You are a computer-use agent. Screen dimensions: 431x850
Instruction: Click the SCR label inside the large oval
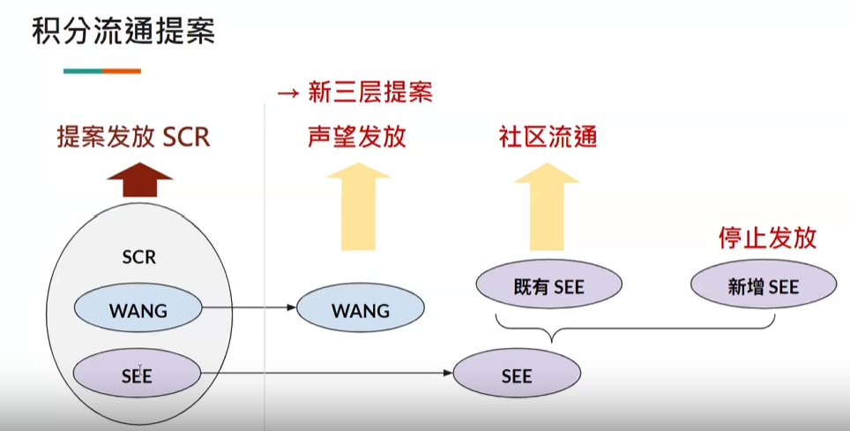pyautogui.click(x=139, y=257)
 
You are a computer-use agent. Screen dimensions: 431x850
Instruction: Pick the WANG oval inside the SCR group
pyautogui.click(x=138, y=310)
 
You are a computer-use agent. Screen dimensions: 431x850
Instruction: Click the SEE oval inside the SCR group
pyautogui.click(x=138, y=375)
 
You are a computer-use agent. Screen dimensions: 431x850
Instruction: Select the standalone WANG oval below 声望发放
pyautogui.click(x=361, y=310)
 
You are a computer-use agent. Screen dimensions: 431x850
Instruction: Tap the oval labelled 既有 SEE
pyautogui.click(x=548, y=286)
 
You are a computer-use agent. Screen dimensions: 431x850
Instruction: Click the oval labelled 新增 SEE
pyautogui.click(x=763, y=286)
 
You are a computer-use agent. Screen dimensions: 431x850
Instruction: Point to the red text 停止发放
pyautogui.click(x=767, y=238)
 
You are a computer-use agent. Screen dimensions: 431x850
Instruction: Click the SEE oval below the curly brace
pyautogui.click(x=517, y=375)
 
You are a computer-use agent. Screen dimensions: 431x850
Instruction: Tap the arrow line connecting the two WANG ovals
pyautogui.click(x=250, y=308)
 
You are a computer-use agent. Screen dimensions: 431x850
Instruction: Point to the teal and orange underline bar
pyautogui.click(x=102, y=71)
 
